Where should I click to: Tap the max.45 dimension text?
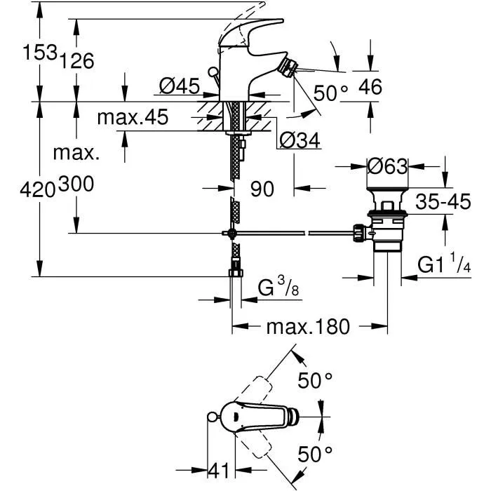tap(133, 117)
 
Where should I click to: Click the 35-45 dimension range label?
tap(443, 202)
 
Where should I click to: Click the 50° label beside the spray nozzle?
tap(330, 93)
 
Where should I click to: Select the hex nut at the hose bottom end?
tap(235, 271)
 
